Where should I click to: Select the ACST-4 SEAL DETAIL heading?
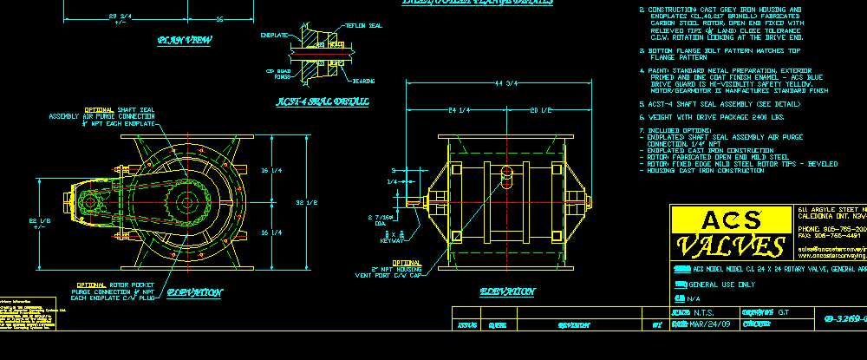coord(323,101)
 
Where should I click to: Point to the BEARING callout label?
coord(363,81)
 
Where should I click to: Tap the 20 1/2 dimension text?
coord(541,110)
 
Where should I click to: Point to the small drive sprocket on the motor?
coord(89,203)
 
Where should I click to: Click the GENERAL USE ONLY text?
coord(725,284)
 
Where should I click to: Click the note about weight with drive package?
coord(711,115)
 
